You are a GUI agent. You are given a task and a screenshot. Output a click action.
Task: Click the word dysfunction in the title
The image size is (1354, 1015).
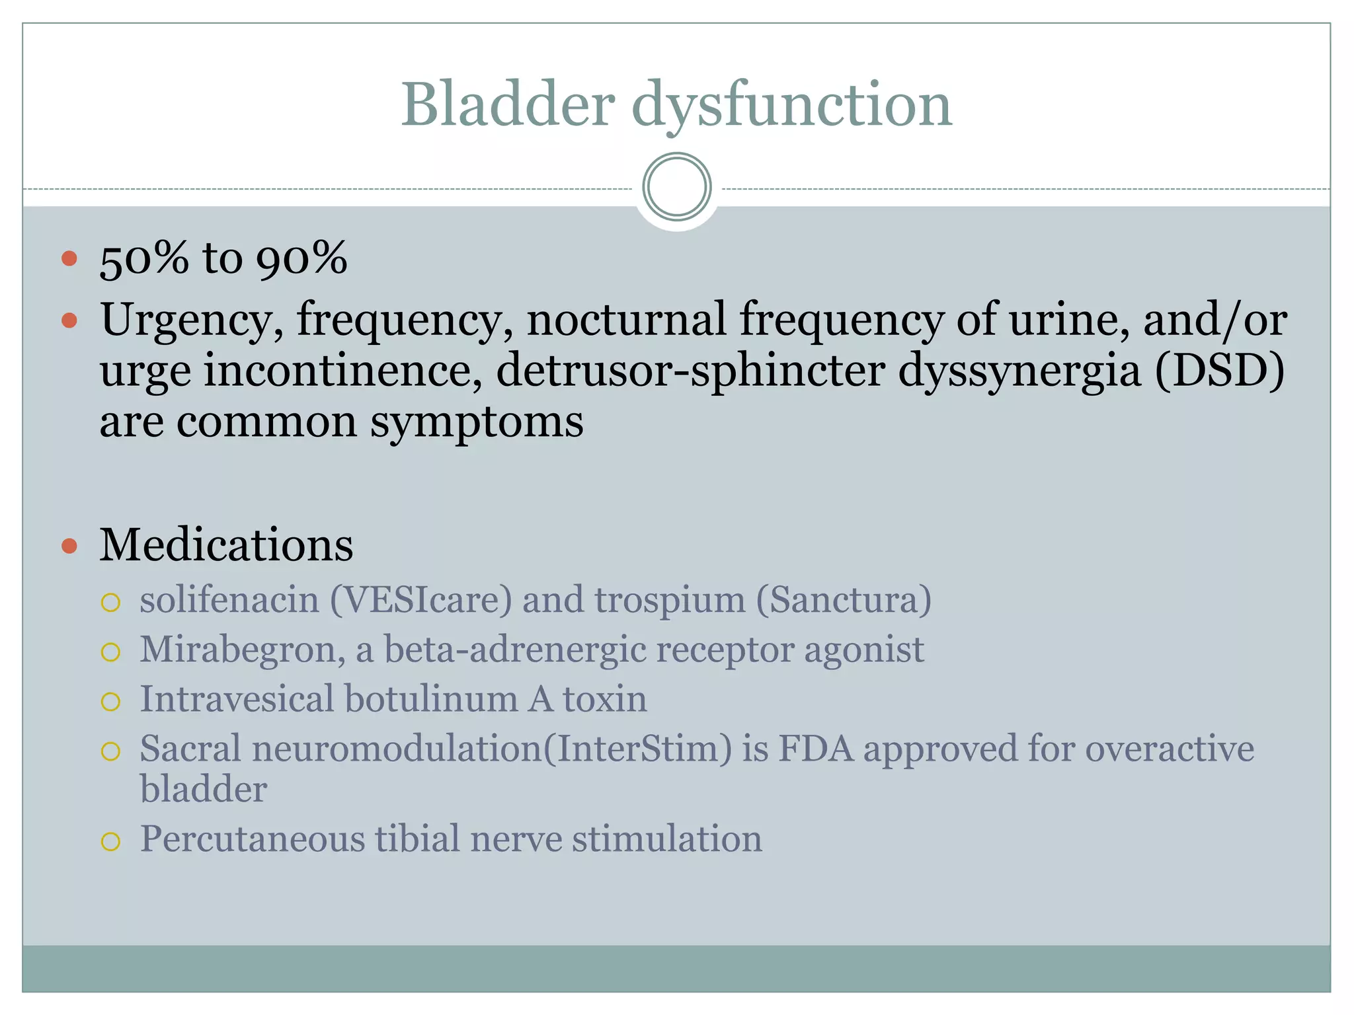(x=791, y=106)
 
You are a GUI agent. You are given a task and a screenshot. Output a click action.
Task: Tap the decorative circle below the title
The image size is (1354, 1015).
(x=676, y=187)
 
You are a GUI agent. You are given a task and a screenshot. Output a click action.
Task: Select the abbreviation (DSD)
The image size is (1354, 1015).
(x=1220, y=370)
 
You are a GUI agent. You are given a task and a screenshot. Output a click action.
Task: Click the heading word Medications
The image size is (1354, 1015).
(x=226, y=545)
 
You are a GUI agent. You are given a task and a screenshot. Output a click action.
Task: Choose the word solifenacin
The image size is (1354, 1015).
(x=229, y=600)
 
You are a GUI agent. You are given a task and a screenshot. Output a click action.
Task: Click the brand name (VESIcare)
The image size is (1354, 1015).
(x=421, y=600)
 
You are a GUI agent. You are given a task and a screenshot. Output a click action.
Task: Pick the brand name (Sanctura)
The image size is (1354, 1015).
(x=844, y=600)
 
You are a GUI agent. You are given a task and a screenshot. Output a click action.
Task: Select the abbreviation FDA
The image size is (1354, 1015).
(x=816, y=749)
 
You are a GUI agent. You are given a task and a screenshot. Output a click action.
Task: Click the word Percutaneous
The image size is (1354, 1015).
(x=252, y=839)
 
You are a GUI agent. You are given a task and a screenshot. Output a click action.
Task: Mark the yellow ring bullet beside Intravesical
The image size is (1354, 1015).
(x=110, y=701)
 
